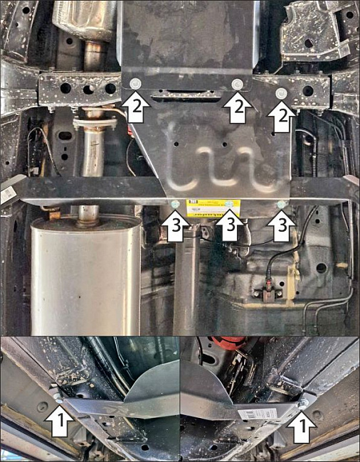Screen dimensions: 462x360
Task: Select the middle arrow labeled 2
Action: [237, 107]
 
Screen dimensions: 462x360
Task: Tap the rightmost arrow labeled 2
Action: [282, 117]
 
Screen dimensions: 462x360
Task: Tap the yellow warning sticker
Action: [213, 208]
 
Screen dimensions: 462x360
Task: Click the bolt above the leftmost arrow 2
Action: [135, 85]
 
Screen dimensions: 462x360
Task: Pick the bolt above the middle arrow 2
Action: [237, 85]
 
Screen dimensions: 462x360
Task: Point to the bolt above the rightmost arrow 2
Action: [282, 93]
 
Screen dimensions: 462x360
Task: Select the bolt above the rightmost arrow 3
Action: [280, 205]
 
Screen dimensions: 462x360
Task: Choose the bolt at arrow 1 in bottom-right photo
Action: [305, 403]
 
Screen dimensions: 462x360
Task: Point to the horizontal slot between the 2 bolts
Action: [184, 91]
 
